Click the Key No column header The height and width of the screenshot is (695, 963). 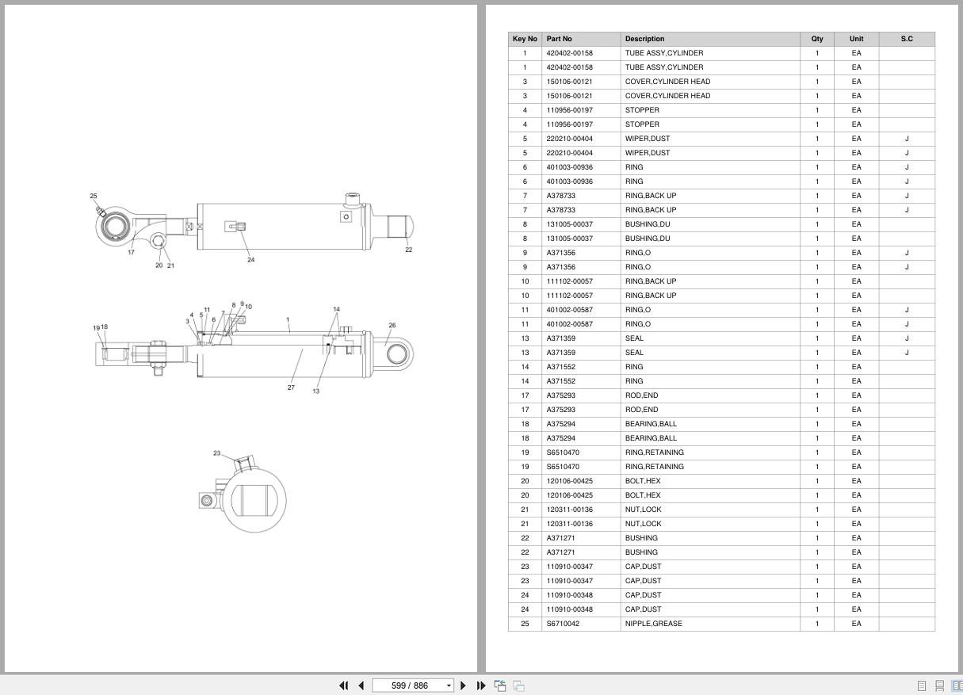click(525, 39)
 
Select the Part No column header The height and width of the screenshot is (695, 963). click(559, 39)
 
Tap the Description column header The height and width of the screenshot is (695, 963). click(644, 39)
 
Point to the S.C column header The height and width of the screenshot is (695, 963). click(907, 39)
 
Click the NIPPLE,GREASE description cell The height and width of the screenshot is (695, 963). click(653, 623)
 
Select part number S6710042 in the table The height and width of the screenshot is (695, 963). click(563, 623)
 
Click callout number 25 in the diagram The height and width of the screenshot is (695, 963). click(94, 196)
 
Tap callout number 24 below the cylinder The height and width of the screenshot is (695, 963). click(250, 260)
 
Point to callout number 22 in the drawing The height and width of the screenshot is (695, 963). click(408, 250)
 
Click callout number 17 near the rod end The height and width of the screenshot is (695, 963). click(131, 252)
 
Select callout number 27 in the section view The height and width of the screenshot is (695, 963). click(291, 388)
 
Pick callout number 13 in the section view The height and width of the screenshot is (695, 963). click(316, 391)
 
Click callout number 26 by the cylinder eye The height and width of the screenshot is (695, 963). click(392, 326)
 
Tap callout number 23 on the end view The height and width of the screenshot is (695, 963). click(216, 453)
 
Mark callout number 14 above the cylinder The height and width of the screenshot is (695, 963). click(336, 309)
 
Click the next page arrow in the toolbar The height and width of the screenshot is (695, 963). click(463, 685)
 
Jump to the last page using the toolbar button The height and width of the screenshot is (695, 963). click(481, 685)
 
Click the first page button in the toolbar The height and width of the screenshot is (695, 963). click(343, 685)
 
